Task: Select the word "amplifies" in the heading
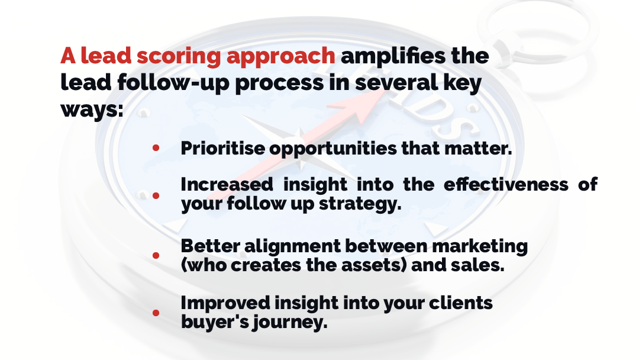(x=393, y=56)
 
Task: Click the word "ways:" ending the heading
(x=92, y=110)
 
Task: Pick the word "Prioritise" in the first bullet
(x=222, y=149)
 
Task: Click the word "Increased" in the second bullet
(x=227, y=184)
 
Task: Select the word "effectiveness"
(x=506, y=184)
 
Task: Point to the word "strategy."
(x=360, y=204)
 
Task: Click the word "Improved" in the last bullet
(x=225, y=303)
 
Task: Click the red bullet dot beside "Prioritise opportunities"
(x=156, y=148)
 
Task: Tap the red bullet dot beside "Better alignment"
(x=156, y=256)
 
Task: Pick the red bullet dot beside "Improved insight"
(x=156, y=313)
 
